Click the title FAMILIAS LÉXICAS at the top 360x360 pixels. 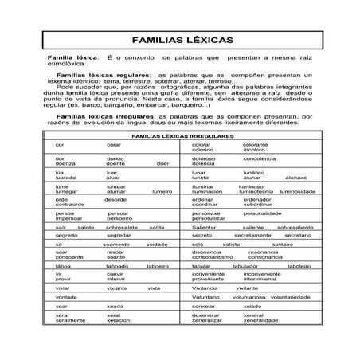(x=179, y=38)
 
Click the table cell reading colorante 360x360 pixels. (x=256, y=144)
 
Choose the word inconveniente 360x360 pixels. (x=262, y=274)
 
